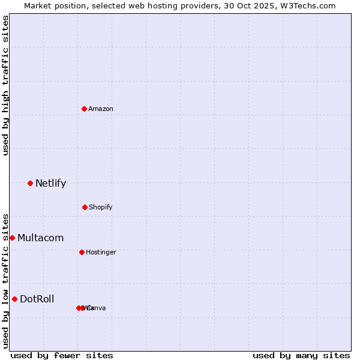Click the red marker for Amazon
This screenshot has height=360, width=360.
[x=84, y=109]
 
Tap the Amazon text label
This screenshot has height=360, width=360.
[x=101, y=109]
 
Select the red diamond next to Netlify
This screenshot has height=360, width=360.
[x=30, y=183]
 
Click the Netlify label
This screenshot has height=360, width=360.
[x=50, y=184]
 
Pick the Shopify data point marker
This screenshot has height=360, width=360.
[x=85, y=207]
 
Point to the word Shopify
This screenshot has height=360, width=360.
[x=101, y=207]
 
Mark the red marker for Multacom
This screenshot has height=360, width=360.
[x=12, y=238]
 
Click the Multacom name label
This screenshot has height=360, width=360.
[x=40, y=238]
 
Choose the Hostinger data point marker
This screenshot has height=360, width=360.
[x=82, y=252]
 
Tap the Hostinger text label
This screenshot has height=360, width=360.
[x=101, y=252]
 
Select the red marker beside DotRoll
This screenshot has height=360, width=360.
[x=14, y=299]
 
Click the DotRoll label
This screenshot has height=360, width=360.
[x=37, y=299]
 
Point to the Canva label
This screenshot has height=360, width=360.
[x=96, y=308]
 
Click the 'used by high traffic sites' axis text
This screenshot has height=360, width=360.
[x=5, y=85]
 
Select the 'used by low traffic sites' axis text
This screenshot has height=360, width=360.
[x=5, y=280]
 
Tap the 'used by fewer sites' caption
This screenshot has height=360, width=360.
[x=62, y=355]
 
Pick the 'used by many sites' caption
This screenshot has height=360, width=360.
[x=301, y=355]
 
